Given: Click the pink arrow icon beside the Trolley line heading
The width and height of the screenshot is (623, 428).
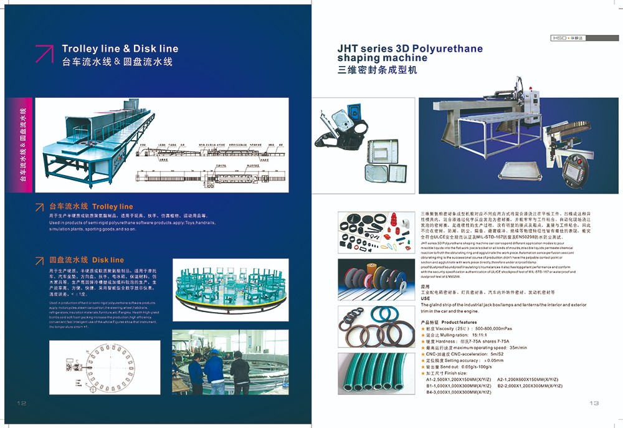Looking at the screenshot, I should (x=44, y=54).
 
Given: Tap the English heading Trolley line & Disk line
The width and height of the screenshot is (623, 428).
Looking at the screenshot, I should (x=120, y=49).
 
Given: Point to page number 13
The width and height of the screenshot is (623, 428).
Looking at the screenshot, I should (x=594, y=403).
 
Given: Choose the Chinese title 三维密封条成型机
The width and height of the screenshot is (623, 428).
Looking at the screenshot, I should (x=376, y=70).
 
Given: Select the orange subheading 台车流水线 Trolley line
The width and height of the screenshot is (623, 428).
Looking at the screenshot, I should (x=91, y=206).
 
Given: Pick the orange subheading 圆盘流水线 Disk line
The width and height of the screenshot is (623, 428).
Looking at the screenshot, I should (x=87, y=260).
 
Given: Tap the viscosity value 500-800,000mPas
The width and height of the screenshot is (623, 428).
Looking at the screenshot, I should (x=502, y=328).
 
